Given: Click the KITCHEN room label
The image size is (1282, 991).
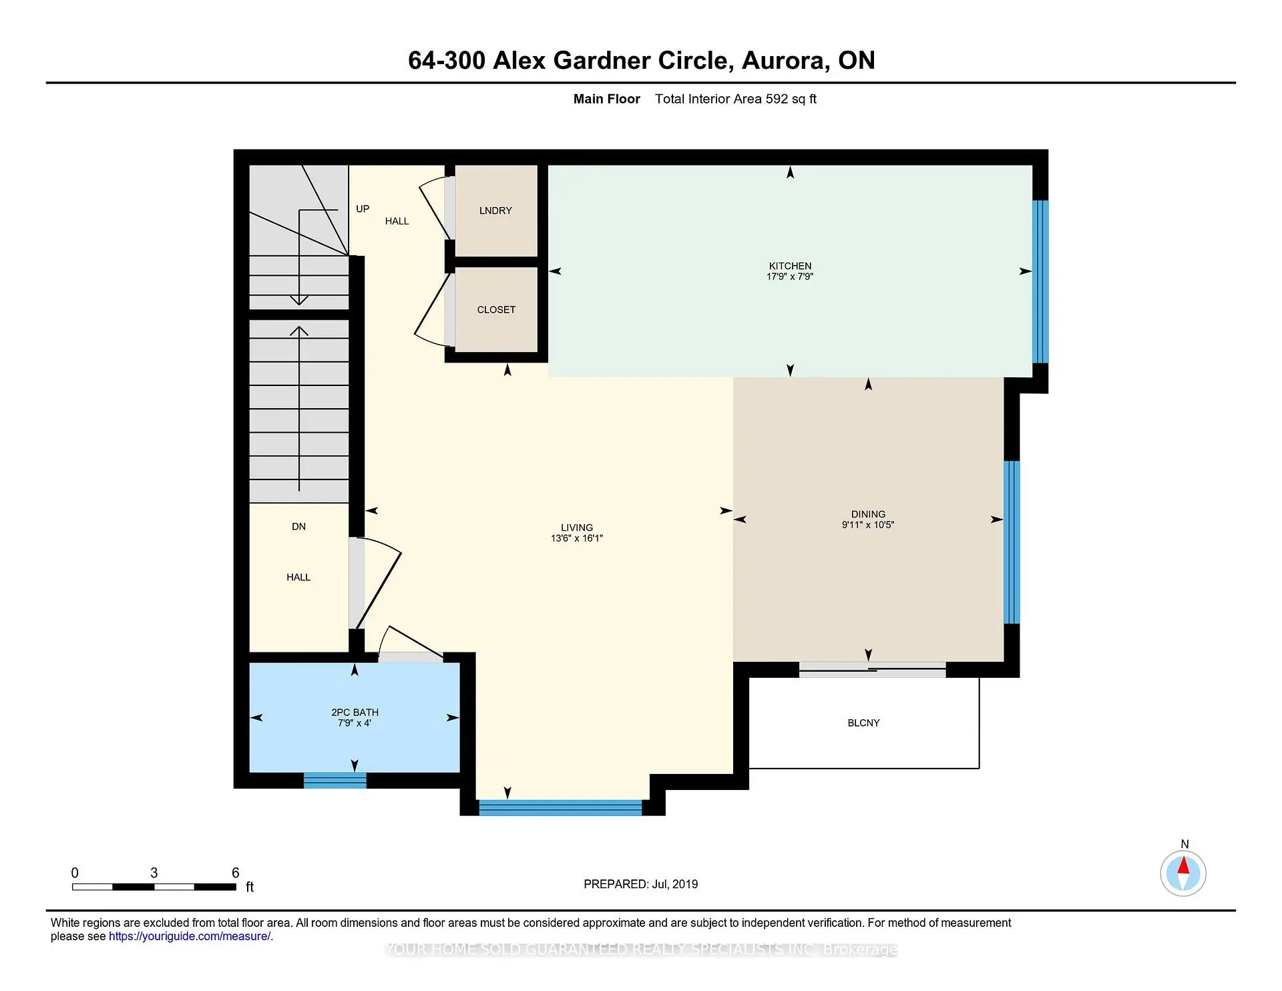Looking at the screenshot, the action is tap(790, 266).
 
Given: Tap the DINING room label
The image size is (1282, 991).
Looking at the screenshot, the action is tap(868, 514).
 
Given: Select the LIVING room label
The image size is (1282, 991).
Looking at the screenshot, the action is tap(577, 528).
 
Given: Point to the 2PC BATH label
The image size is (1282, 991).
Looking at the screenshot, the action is tap(355, 713).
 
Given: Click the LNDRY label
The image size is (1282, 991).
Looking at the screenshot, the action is tap(495, 210).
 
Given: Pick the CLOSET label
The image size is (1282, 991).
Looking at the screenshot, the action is tap(496, 310).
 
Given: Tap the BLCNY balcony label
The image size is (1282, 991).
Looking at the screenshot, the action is tap(863, 723).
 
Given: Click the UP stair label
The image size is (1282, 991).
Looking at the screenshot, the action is tap(363, 209).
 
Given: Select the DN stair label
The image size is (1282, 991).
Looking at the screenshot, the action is tap(298, 527).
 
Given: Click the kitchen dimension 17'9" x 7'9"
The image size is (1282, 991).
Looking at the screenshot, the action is tap(790, 276).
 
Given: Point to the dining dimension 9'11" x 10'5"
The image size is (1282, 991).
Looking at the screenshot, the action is tap(868, 525).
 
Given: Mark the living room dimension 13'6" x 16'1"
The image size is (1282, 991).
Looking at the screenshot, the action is tap(577, 538).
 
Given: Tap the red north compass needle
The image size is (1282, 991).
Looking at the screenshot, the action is tap(1183, 866).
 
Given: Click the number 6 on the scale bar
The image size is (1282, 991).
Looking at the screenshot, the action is tap(235, 873).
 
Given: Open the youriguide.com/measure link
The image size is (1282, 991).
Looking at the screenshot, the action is tap(190, 936).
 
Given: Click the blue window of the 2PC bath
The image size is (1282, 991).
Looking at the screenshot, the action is tap(335, 781).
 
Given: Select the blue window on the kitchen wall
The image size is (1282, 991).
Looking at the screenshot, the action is tap(1040, 282).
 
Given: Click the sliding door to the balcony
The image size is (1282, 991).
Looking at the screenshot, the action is tap(872, 669).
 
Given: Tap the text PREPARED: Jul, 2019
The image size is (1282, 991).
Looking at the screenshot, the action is tap(641, 884).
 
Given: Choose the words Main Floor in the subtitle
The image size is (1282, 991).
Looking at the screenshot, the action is tap(607, 99).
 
